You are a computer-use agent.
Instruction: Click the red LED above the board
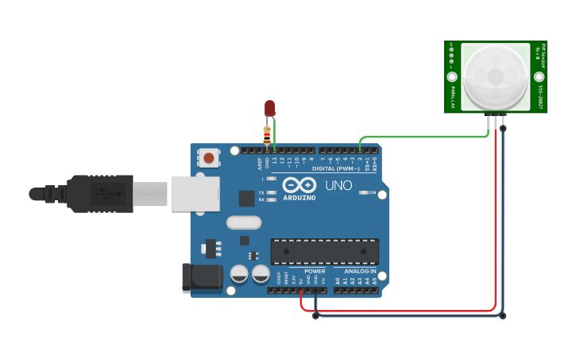(269, 107)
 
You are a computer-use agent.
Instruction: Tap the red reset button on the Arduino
(209, 157)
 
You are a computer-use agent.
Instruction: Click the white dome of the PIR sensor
(496, 76)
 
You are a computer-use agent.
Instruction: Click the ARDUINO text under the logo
(300, 197)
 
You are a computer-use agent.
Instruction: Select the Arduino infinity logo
(299, 185)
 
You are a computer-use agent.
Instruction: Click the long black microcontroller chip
(324, 251)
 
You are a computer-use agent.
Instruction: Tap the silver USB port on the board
(195, 193)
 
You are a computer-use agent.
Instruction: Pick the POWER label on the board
(315, 271)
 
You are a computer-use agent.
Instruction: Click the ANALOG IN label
(360, 271)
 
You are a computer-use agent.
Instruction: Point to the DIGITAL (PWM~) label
(336, 168)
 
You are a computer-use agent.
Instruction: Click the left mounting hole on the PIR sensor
(452, 77)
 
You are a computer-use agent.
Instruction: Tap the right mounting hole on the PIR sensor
(539, 77)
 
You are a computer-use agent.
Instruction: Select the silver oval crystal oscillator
(244, 223)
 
